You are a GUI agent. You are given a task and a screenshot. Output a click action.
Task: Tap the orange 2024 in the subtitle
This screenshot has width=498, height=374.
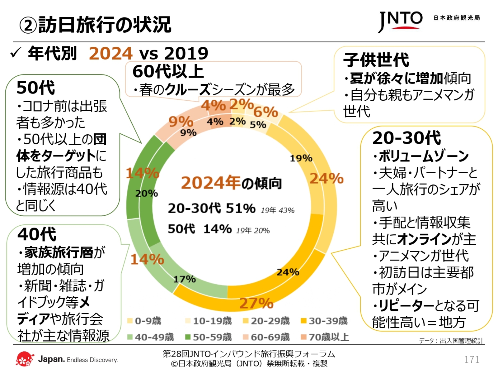point(110,54)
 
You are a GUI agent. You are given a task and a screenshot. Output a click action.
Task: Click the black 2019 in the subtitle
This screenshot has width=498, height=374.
point(186,54)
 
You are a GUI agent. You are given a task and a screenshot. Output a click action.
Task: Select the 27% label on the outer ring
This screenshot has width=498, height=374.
point(256,303)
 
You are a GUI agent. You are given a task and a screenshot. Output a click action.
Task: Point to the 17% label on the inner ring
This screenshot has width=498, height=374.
point(184,279)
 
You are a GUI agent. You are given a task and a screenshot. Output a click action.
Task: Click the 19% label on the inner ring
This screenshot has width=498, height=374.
point(301,158)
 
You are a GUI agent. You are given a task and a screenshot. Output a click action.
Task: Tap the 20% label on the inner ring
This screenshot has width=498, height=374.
point(146,194)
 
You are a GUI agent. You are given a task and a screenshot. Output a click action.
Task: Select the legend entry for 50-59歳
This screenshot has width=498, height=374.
point(209,337)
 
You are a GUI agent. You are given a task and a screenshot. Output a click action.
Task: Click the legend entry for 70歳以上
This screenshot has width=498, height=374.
point(325,337)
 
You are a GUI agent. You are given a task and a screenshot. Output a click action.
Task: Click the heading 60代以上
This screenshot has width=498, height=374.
point(168,72)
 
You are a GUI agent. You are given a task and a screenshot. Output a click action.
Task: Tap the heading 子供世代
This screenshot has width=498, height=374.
point(376,60)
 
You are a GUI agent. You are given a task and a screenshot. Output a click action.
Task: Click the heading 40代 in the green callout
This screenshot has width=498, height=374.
point(37,234)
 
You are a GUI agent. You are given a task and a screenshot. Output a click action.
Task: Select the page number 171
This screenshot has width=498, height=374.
point(472,360)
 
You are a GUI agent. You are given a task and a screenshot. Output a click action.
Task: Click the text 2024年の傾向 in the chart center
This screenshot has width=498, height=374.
point(231,183)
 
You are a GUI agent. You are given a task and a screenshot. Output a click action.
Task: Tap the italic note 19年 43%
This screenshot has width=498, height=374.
point(277,211)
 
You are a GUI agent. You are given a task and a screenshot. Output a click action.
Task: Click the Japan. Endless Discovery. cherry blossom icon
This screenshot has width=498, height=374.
point(25,359)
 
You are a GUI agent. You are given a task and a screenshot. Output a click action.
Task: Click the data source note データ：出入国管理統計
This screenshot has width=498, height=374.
point(451,341)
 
